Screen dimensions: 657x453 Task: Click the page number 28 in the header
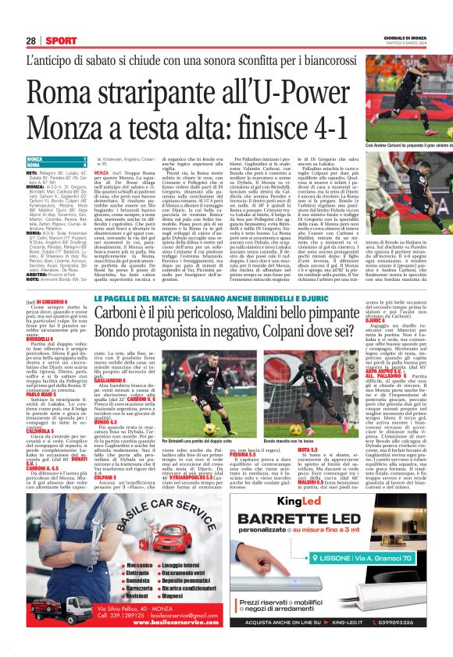click(x=30, y=40)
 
